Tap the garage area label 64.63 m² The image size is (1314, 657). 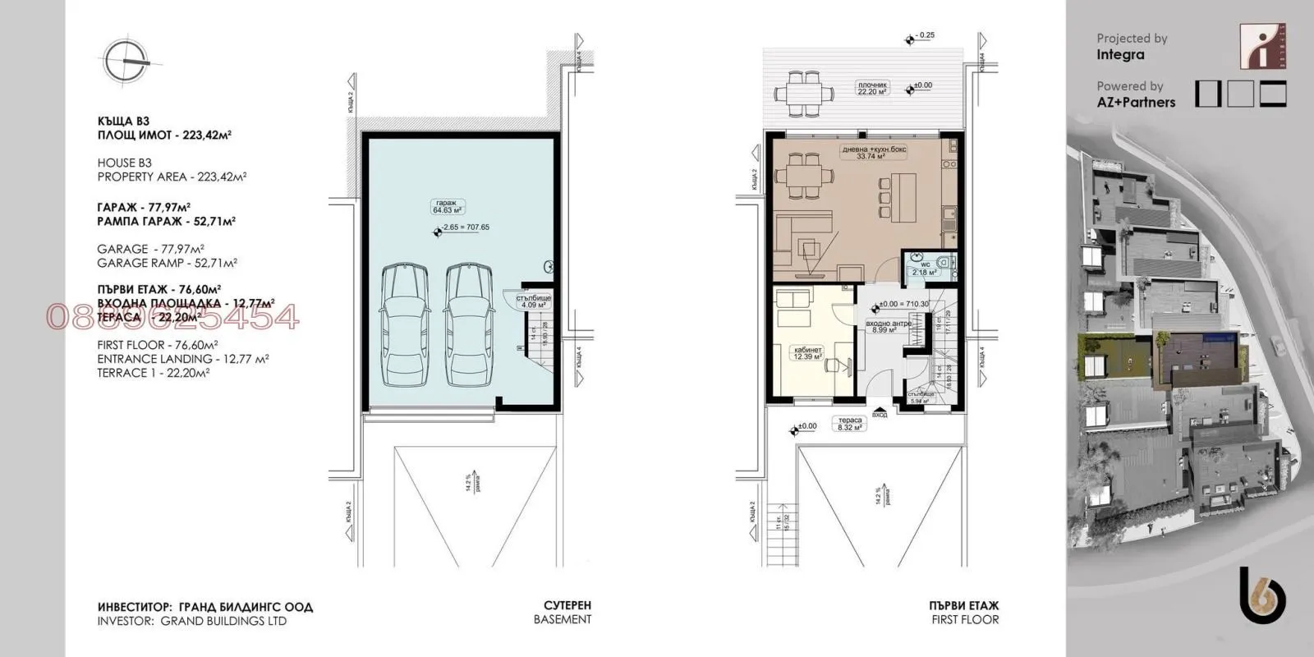[449, 206]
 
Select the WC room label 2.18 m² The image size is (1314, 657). [924, 269]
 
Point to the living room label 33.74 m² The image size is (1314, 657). [871, 154]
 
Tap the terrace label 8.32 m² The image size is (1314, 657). [849, 424]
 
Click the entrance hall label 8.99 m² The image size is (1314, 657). [884, 327]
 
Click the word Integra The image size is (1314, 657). [1120, 55]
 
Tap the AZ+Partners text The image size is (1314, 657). [1136, 103]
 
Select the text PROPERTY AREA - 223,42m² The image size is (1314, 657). [172, 177]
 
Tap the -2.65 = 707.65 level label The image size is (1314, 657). [464, 227]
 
